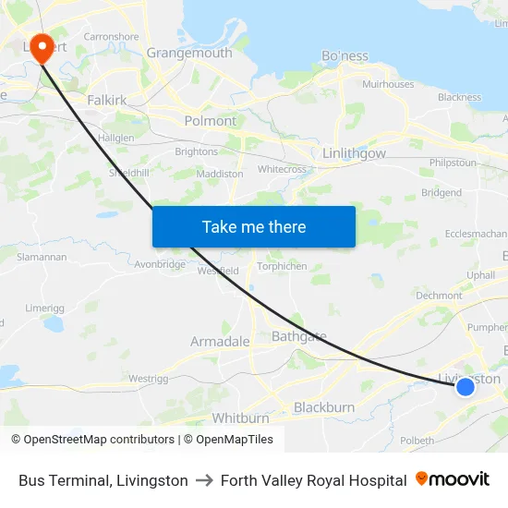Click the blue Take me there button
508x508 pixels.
(254, 226)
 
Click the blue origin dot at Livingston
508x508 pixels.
(466, 386)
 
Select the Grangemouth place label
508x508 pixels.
(189, 53)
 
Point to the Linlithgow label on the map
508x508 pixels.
(355, 153)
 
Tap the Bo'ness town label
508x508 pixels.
(345, 56)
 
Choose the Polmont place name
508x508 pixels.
(211, 121)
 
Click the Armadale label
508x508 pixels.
(220, 342)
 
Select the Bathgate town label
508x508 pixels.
(298, 336)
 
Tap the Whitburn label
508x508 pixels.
(240, 418)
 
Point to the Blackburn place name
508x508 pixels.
(324, 407)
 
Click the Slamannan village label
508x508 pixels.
(42, 257)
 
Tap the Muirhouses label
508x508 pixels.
(388, 84)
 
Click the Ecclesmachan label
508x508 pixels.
(476, 234)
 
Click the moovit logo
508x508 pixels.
(453, 479)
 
